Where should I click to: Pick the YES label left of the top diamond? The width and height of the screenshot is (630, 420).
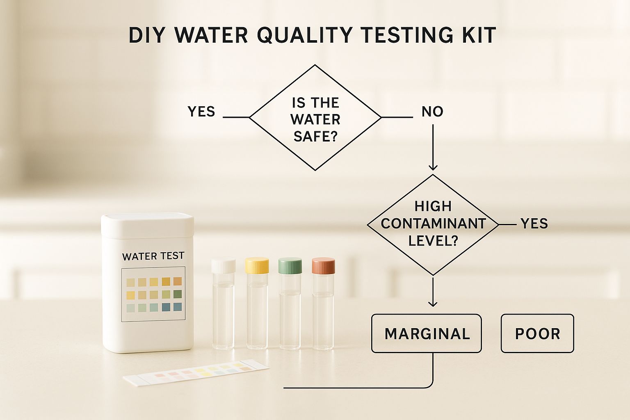pos(201,112)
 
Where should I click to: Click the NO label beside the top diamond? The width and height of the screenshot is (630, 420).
pos(433,112)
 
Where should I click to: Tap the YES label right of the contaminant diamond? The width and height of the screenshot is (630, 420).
pos(534,224)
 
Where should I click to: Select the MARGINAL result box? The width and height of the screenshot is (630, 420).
pos(427,333)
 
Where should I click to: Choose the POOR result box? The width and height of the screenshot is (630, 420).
pos(537,333)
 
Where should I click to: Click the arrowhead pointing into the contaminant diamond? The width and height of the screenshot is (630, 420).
pos(433,167)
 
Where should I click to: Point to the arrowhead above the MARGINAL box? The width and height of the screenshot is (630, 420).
pos(433,303)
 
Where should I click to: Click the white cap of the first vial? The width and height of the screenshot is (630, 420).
pos(223,265)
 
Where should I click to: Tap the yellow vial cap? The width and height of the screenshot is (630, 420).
pos(257,265)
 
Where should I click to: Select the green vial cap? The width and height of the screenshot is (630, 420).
pos(290,265)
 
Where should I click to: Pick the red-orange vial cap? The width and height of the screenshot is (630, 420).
pos(324,266)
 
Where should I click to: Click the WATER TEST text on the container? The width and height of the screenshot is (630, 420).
pos(153,256)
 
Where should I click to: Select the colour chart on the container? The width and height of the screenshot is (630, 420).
pos(153,294)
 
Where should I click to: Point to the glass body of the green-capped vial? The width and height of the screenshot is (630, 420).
pos(290,312)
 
